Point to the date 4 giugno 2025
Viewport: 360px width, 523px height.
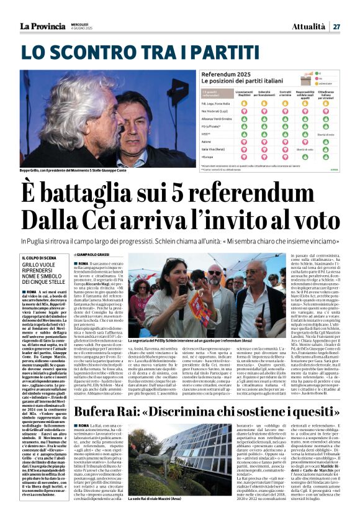[x=83, y=29]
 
